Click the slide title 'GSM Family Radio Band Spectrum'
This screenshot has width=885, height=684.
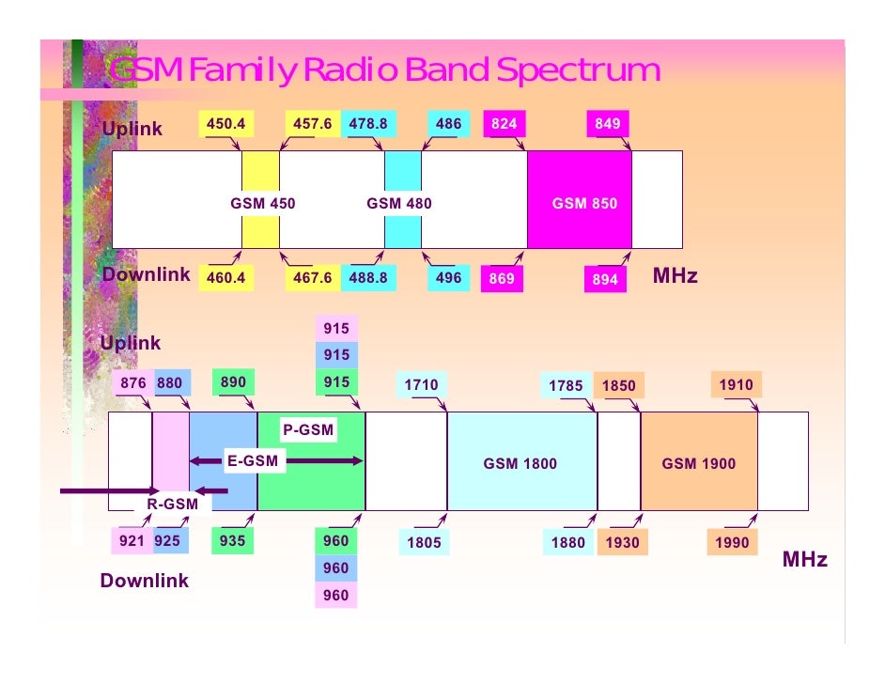coord(384,70)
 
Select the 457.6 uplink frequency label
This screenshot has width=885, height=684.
coord(312,124)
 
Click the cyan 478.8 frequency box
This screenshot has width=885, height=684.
coord(368,124)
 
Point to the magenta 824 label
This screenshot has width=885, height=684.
coord(503,124)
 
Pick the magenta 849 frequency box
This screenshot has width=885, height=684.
coord(607,124)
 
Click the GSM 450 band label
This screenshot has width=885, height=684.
coord(263,203)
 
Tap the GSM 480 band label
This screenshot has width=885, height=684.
coord(399,203)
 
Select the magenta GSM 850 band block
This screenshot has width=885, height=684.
coord(580,203)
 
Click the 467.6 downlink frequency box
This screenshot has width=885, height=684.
coord(312,278)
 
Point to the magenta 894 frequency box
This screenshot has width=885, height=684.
coord(605,280)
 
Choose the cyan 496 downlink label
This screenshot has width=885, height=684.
coord(448,278)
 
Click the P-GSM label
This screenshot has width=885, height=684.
coord(309,430)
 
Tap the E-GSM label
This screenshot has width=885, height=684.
coord(253,460)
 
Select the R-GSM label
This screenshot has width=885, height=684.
coord(172,505)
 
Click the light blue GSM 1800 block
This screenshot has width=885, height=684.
coord(520,463)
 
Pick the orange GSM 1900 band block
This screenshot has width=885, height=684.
coord(698,463)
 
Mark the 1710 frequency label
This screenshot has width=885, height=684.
coord(421,384)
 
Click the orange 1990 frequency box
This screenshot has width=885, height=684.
coord(731,543)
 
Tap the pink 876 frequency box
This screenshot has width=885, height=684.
coord(132,382)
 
